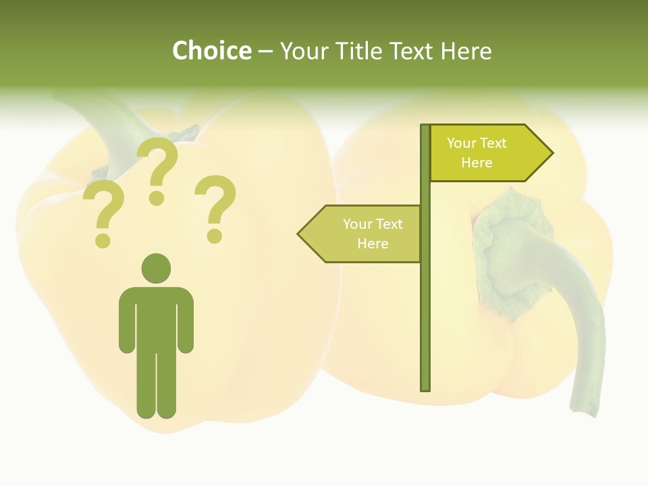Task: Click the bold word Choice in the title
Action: [x=211, y=51]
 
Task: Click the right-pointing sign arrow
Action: [x=491, y=153]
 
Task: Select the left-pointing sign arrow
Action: [x=359, y=234]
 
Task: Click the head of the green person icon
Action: [x=156, y=268]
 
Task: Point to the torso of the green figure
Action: [x=156, y=317]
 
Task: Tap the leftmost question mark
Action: [x=103, y=214]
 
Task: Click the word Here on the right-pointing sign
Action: [x=477, y=163]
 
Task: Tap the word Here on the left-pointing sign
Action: [x=373, y=244]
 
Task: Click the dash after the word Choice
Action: [x=265, y=51]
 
